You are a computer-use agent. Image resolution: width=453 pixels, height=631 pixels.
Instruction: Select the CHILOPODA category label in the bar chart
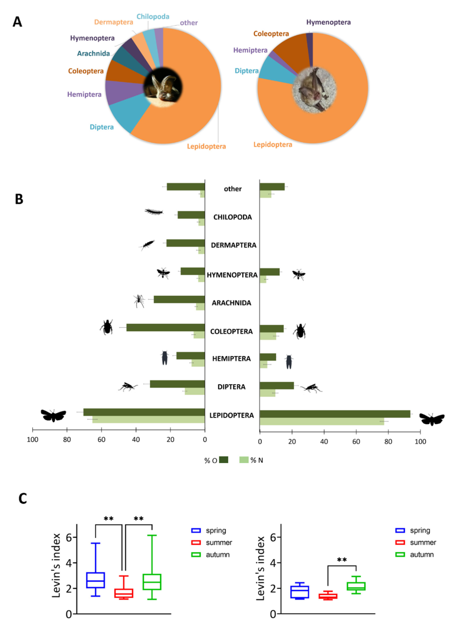click(x=232, y=217)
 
